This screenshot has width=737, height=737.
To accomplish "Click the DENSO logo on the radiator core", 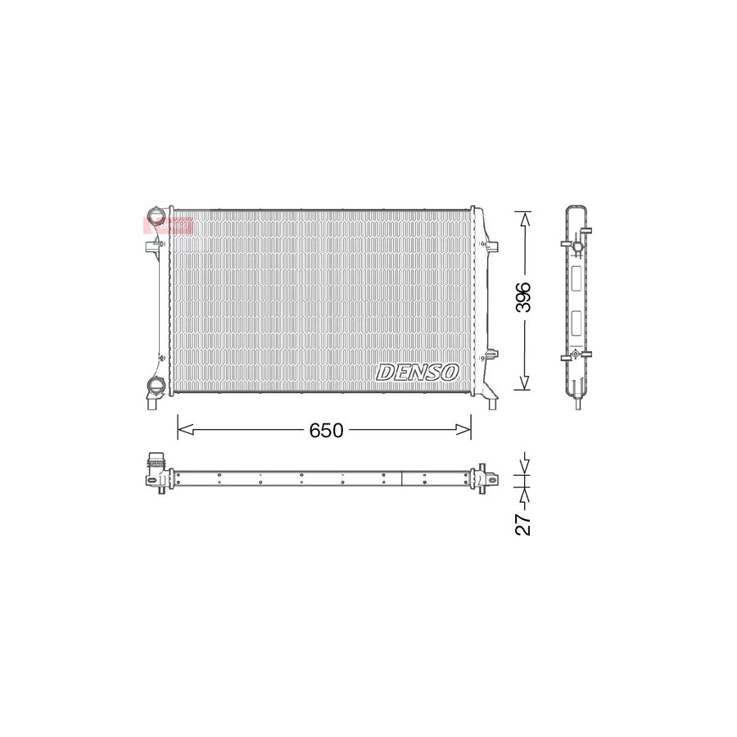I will (x=418, y=372).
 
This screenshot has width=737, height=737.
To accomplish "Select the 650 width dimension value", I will (x=326, y=430).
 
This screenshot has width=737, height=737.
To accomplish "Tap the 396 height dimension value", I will (x=524, y=299).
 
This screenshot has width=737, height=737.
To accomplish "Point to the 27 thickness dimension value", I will (x=524, y=520).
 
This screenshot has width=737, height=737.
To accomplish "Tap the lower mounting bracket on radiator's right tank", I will (x=491, y=355).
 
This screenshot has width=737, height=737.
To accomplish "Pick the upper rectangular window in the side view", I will (x=576, y=278).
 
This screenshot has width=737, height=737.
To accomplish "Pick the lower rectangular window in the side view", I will (x=576, y=325).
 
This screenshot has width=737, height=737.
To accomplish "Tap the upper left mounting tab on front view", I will (x=151, y=246).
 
